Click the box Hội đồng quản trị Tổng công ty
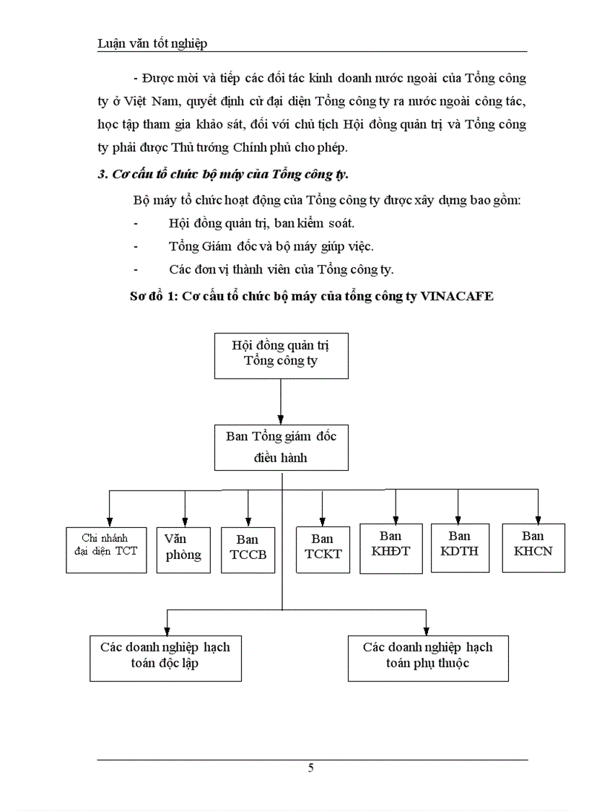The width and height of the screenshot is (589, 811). pyautogui.click(x=281, y=355)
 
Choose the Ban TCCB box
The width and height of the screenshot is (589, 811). pyautogui.click(x=248, y=550)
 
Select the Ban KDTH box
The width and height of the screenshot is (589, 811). pyautogui.click(x=458, y=548)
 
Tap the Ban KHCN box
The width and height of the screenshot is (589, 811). pyautogui.click(x=533, y=547)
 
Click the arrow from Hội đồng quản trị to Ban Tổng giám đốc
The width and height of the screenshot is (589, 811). pyautogui.click(x=281, y=402)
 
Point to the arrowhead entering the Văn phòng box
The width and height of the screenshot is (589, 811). pyautogui.click(x=185, y=521)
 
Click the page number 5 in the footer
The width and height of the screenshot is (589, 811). pyautogui.click(x=310, y=768)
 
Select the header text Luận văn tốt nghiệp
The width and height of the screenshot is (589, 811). pyautogui.click(x=152, y=43)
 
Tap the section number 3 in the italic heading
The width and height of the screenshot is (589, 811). pyautogui.click(x=101, y=175)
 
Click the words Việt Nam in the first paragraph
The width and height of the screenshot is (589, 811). pyautogui.click(x=160, y=100)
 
